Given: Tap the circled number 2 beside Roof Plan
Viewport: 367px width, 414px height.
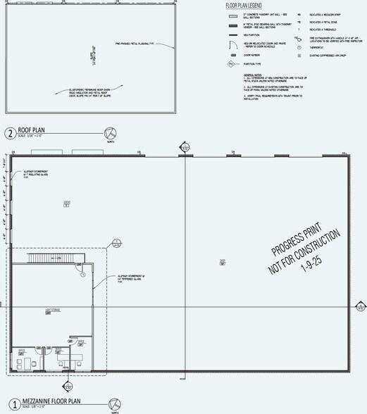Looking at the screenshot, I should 9,134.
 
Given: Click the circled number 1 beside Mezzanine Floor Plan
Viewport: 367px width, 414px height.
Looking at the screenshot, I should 9,405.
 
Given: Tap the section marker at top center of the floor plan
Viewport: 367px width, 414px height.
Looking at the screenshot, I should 186,147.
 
